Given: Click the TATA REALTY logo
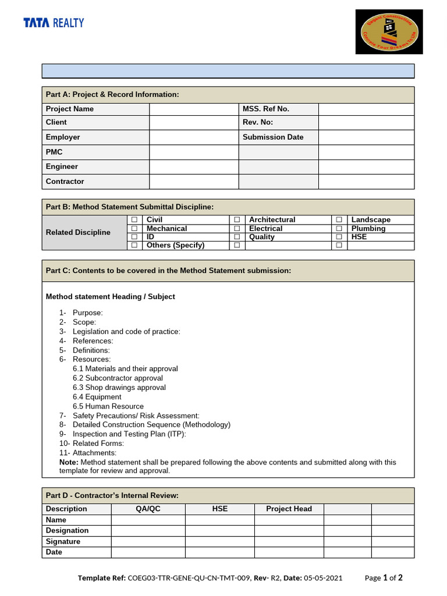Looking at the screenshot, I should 54,23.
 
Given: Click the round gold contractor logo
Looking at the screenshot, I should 389,32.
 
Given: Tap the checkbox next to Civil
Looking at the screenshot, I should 134,219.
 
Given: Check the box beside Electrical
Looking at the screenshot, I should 237,229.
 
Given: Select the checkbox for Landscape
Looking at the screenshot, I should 339,219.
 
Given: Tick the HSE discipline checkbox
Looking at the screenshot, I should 339,237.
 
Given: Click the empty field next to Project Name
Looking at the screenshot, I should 194,109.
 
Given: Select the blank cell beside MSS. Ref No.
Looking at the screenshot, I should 366,109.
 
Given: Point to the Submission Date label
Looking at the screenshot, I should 273,137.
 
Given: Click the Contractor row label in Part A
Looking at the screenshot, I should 65,182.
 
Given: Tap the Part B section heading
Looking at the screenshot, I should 130,207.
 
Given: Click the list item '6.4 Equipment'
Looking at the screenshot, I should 97,397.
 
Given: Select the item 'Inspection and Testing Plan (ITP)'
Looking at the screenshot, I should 129,434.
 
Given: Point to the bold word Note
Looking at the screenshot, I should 69,462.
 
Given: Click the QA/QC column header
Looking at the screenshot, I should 148,509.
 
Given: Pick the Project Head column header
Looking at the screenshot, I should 289,509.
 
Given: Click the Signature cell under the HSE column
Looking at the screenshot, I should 219,541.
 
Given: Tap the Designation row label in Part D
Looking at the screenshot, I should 68,530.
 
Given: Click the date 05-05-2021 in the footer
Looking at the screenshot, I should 323,578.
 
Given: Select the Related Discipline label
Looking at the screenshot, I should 78,232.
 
